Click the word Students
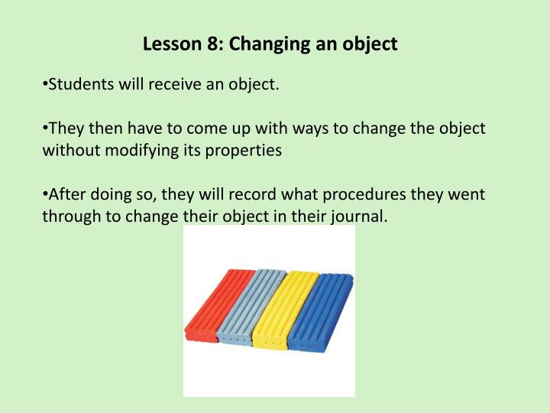80,84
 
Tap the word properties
244,150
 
